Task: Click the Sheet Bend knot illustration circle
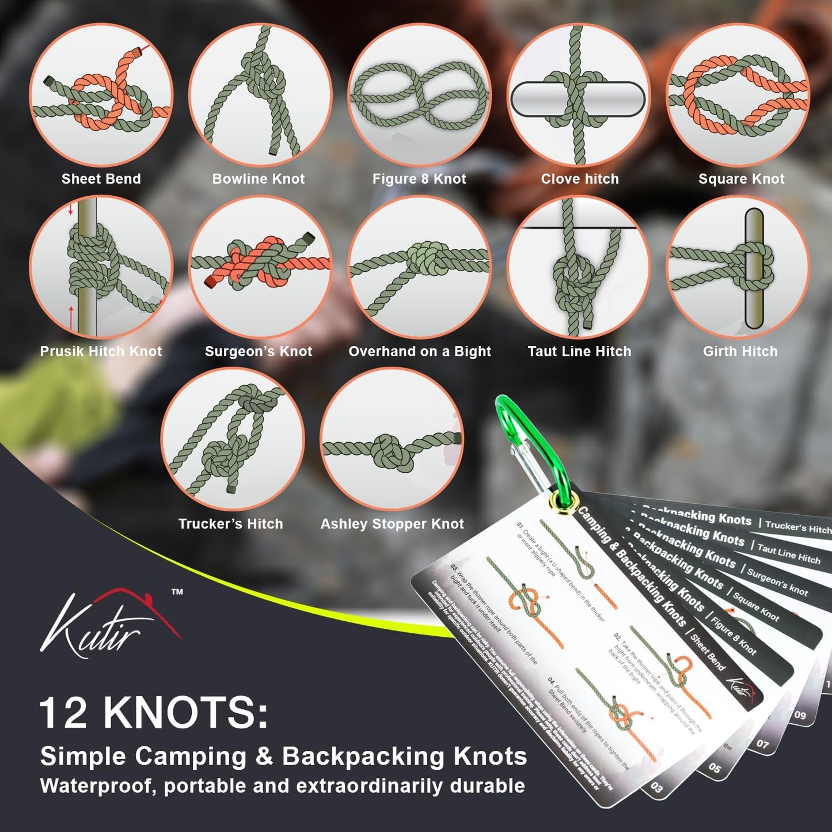click(x=101, y=95)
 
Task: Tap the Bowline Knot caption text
click(x=259, y=179)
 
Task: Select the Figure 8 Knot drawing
click(x=419, y=95)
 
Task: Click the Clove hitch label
click(x=580, y=179)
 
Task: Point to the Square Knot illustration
click(x=739, y=95)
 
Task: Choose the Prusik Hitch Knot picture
click(x=101, y=267)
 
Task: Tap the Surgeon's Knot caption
click(x=259, y=351)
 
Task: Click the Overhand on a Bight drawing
click(x=419, y=267)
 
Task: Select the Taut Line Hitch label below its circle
click(x=579, y=351)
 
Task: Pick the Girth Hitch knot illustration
click(x=739, y=267)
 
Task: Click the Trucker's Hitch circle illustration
click(x=232, y=439)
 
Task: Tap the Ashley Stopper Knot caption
click(x=392, y=524)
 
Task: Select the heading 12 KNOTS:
click(x=154, y=713)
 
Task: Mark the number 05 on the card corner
click(x=715, y=768)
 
